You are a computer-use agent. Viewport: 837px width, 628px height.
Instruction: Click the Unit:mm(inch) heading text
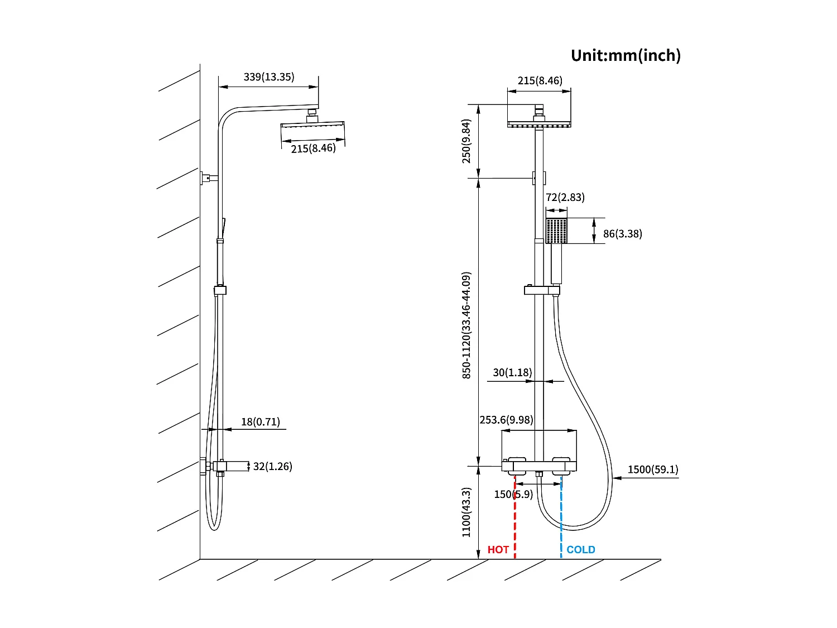pyautogui.click(x=626, y=55)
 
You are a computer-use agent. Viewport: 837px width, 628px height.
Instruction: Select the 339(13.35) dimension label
pyautogui.click(x=268, y=77)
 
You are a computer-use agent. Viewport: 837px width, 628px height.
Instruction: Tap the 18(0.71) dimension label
pyautogui.click(x=261, y=422)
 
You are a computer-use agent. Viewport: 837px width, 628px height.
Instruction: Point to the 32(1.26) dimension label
pyautogui.click(x=272, y=466)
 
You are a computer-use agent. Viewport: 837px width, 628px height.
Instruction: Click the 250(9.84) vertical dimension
pyautogui.click(x=466, y=141)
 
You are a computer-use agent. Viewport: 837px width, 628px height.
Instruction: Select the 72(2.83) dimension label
pyautogui.click(x=565, y=197)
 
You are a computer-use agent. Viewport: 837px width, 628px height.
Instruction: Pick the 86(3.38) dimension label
pyautogui.click(x=622, y=234)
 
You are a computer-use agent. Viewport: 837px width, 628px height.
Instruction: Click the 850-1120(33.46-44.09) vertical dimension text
pyautogui.click(x=466, y=325)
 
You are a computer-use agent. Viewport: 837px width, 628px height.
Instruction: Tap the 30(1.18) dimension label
pyautogui.click(x=512, y=372)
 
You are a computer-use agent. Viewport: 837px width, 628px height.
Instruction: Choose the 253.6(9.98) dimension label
pyautogui.click(x=506, y=420)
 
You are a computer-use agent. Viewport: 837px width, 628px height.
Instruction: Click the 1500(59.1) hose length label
pyautogui.click(x=653, y=469)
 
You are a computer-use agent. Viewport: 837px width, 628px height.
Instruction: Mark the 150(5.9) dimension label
pyautogui.click(x=513, y=495)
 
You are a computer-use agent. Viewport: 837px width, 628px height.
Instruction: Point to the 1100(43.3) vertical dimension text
pyautogui.click(x=466, y=512)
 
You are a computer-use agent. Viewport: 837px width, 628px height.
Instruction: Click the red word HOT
pyautogui.click(x=498, y=550)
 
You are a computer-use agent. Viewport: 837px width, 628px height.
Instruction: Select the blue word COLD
pyautogui.click(x=580, y=550)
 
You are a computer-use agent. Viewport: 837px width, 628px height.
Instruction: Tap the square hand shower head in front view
pyautogui.click(x=556, y=231)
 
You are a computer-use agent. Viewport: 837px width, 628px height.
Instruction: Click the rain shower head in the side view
pyautogui.click(x=312, y=127)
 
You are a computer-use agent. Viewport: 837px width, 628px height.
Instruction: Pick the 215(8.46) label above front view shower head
pyautogui.click(x=540, y=81)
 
